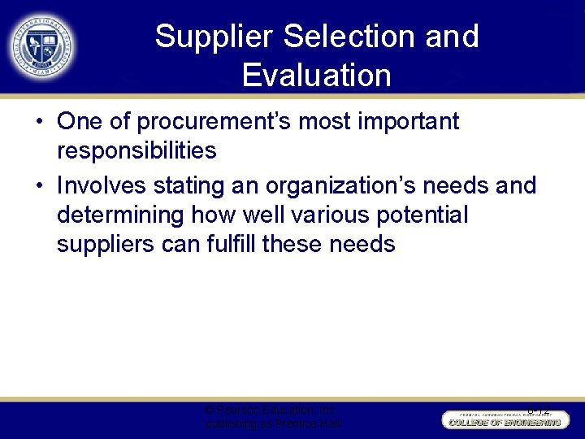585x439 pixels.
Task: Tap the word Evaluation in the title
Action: click(316, 76)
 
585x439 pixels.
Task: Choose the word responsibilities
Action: click(136, 151)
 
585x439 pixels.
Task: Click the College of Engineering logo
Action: click(502, 419)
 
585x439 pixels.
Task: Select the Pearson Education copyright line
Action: click(271, 411)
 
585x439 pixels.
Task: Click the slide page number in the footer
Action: click(538, 411)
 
